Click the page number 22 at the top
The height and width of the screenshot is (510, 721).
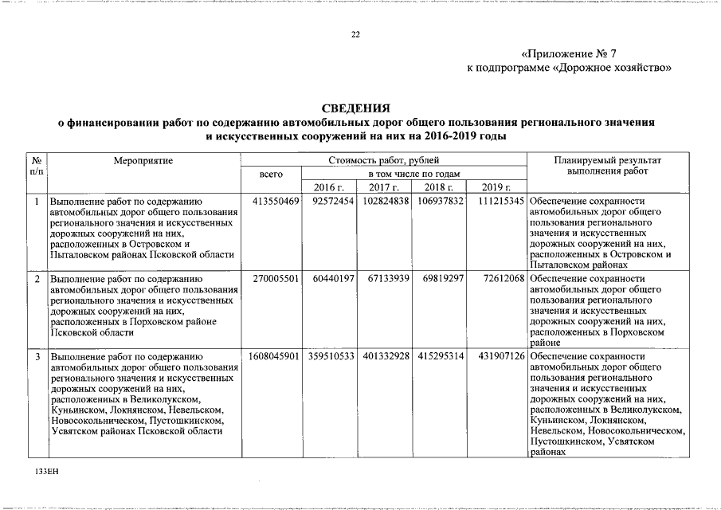point(355,34)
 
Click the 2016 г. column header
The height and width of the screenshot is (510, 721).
point(328,187)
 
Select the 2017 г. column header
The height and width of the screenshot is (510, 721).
point(383,187)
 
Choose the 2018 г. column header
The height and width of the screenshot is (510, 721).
point(438,187)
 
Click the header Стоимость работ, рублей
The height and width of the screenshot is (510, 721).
point(383,160)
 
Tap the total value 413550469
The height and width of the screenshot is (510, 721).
point(275,202)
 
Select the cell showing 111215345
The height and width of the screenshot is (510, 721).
point(501,202)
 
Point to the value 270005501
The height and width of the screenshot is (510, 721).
point(275,278)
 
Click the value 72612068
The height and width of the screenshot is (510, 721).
point(504,278)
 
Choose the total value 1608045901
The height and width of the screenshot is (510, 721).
point(273,355)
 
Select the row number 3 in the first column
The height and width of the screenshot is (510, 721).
point(37,355)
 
